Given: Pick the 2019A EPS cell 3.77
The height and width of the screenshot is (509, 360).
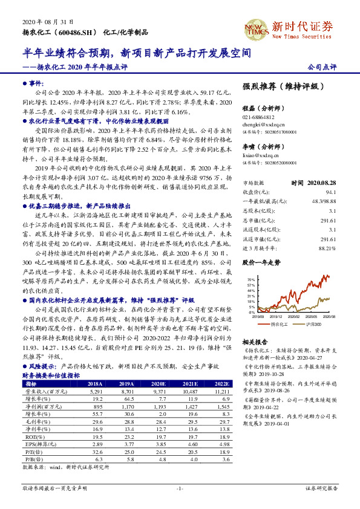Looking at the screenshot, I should point(128,444).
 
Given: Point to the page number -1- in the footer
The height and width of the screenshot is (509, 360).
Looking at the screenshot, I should point(179,488).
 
